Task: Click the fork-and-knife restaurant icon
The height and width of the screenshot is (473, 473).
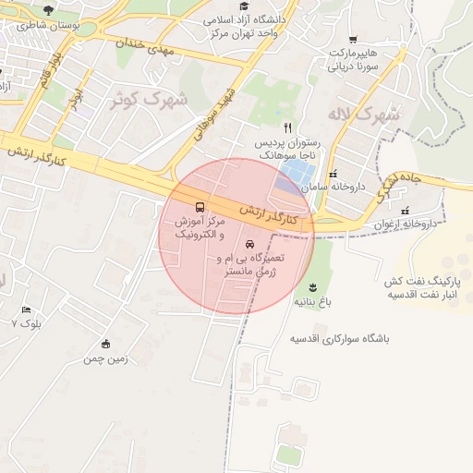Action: pyautogui.click(x=288, y=127)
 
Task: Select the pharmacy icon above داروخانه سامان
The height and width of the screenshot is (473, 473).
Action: pyautogui.click(x=333, y=174)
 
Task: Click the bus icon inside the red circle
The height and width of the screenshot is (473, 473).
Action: pyautogui.click(x=200, y=206)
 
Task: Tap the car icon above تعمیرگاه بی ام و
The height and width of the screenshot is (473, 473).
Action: pyautogui.click(x=249, y=244)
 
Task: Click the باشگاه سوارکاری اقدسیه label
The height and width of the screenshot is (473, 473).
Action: pyautogui.click(x=340, y=339)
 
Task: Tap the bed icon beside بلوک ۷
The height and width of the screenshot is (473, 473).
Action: pyautogui.click(x=26, y=310)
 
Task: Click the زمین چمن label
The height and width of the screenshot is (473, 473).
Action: pyautogui.click(x=105, y=358)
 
